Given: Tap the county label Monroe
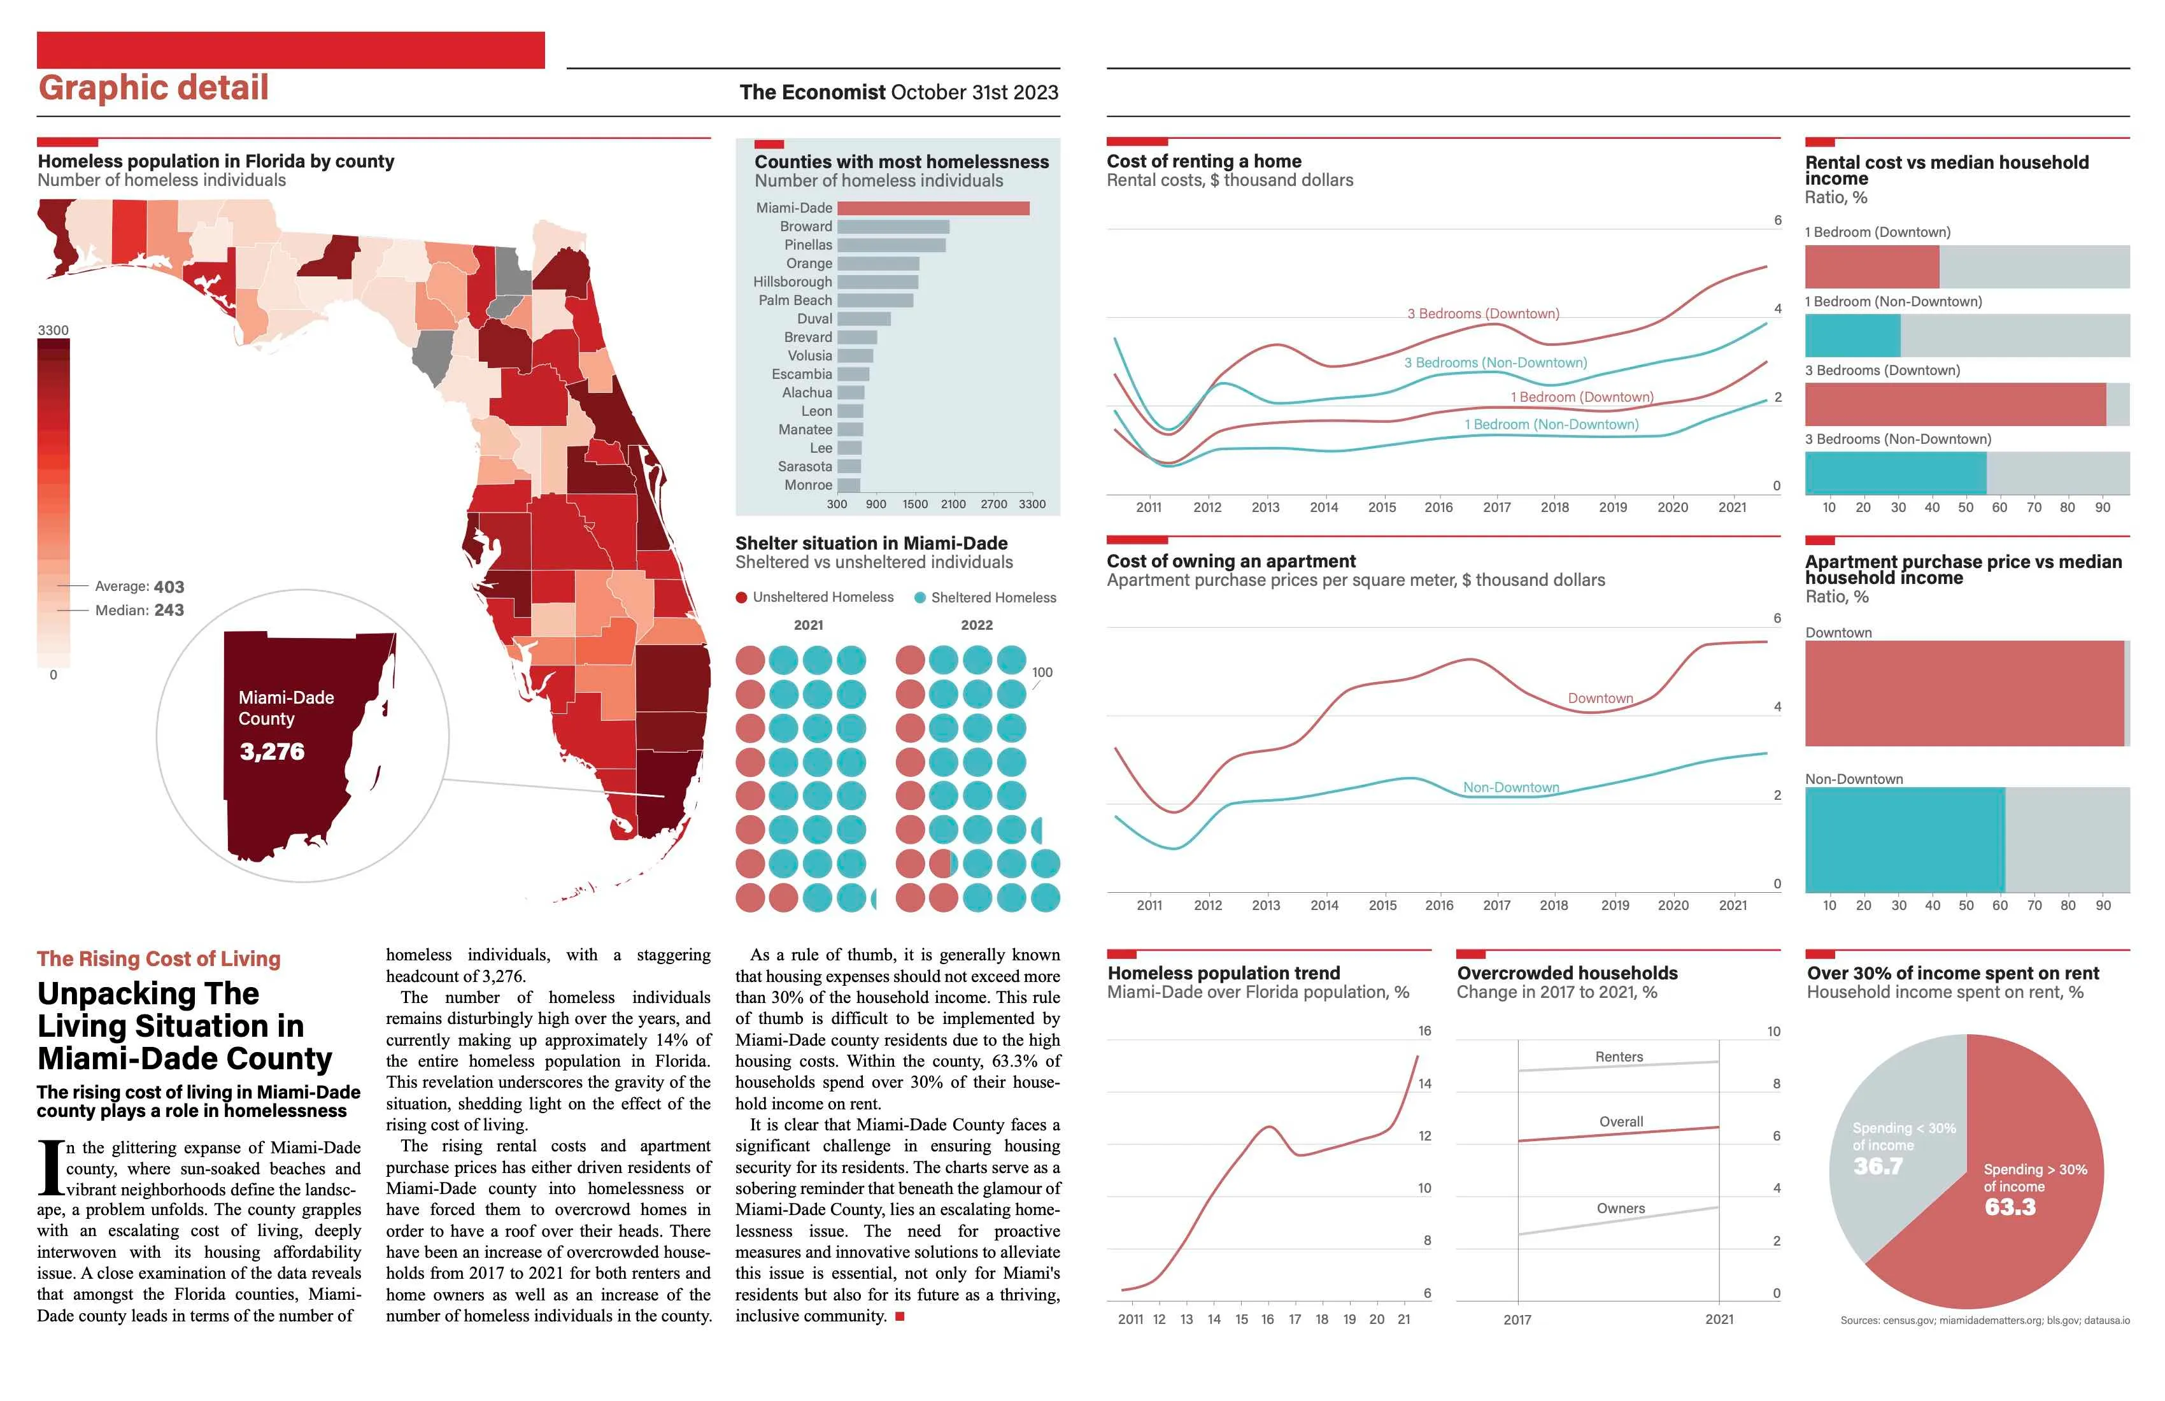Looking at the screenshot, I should tap(808, 485).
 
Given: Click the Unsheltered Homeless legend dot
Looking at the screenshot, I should tap(741, 598).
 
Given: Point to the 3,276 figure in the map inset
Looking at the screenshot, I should tap(272, 751).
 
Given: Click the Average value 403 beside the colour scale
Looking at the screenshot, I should tap(169, 587).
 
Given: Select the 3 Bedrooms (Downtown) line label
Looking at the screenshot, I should tap(1483, 314).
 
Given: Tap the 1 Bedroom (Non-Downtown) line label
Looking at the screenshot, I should tap(1551, 425).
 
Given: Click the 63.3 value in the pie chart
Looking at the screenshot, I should tap(2010, 1207).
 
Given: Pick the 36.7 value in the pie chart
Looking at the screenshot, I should tap(1878, 1166).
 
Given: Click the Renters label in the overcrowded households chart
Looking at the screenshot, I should tap(1619, 1057).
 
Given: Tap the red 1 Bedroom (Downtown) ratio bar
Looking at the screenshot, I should tap(1871, 267).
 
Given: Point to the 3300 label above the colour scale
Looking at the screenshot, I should tap(53, 331).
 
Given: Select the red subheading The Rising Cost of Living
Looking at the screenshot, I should tap(159, 959).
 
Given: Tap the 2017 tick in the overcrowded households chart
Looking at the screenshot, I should tap(1516, 1319).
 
